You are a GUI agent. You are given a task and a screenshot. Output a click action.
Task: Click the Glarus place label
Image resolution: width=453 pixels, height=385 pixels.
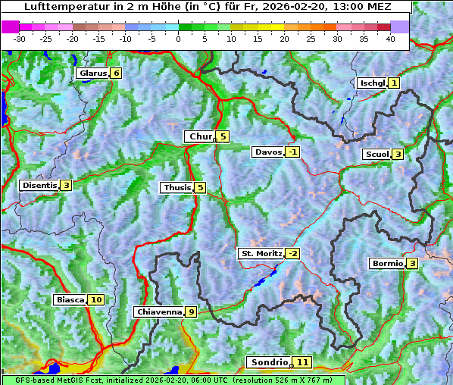92,74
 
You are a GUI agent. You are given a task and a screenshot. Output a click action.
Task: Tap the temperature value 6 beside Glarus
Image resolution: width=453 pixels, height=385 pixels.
115,74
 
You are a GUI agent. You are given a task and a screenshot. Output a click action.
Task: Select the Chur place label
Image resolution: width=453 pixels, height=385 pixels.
200,136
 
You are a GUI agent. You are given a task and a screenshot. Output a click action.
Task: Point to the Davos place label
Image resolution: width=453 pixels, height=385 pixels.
267,152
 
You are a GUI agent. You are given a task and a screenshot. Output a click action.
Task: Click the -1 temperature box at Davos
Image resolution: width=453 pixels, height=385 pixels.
292,152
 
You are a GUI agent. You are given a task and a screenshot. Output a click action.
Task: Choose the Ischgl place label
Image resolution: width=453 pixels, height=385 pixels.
371,83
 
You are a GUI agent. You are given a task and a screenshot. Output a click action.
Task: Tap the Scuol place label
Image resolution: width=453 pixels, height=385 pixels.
376,154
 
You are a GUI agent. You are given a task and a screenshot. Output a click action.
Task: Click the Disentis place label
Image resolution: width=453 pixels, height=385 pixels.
39,185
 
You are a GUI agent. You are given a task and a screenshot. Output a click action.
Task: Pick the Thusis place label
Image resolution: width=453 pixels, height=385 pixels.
177,187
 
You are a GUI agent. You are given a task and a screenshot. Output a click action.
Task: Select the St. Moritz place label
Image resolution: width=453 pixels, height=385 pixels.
261,253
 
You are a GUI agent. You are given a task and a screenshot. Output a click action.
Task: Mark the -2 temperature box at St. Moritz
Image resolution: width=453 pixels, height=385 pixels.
292,253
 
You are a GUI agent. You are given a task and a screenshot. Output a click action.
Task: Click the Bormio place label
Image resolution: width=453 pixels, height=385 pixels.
386,263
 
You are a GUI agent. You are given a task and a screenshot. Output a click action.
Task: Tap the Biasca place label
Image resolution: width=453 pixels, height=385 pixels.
70,299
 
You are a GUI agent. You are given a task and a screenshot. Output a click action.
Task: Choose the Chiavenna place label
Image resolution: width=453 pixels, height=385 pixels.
158,311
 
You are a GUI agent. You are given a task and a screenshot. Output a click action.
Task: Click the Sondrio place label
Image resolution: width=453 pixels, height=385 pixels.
270,362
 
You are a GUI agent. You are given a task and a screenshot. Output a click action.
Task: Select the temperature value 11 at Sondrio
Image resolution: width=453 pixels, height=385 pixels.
303,362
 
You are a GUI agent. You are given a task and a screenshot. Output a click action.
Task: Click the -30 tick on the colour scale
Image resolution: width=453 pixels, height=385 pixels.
20,39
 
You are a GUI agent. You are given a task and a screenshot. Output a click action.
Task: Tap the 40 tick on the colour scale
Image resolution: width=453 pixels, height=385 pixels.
390,39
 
